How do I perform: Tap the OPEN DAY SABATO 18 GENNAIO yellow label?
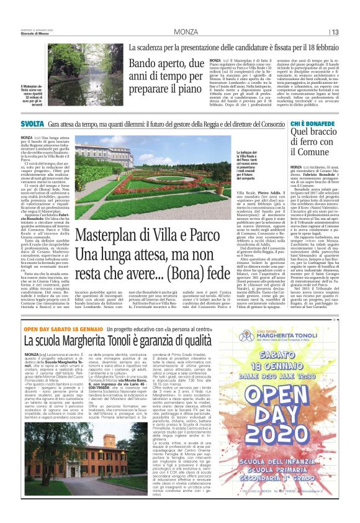[55, 328]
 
